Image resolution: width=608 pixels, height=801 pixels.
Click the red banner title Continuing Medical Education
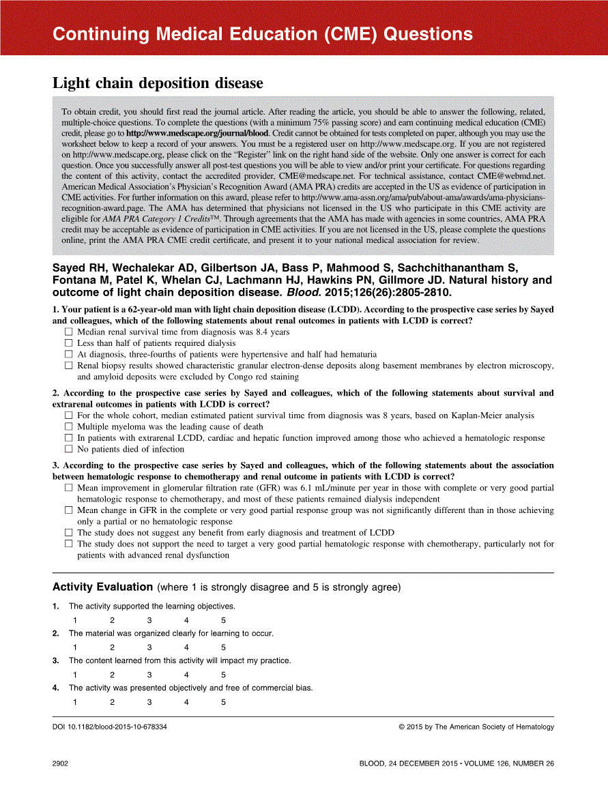tap(262, 34)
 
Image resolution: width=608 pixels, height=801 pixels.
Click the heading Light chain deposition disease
tap(158, 83)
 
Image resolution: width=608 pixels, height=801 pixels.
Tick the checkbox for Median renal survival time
tap(68, 332)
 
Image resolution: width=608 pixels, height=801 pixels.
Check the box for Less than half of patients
tap(68, 343)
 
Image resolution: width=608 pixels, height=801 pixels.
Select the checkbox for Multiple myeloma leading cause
tap(68, 426)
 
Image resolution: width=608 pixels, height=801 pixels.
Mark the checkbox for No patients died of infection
tap(68, 449)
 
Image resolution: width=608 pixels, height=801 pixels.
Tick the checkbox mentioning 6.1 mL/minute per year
tap(68, 488)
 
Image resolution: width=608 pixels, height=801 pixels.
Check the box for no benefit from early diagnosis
tap(68, 533)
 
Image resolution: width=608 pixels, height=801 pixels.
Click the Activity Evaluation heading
tap(102, 587)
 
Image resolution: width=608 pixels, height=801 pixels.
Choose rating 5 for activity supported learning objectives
tap(223, 620)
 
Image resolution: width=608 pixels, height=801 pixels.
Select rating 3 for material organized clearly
tap(149, 647)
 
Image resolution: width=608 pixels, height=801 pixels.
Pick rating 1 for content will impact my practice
tap(75, 675)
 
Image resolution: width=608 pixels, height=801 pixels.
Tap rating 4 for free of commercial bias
tap(186, 702)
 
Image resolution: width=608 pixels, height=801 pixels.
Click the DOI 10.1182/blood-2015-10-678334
tap(110, 727)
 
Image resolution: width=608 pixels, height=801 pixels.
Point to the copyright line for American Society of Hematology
tap(476, 727)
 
